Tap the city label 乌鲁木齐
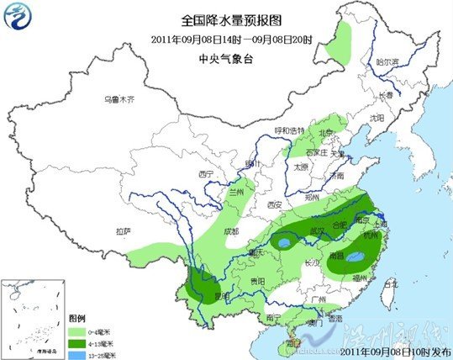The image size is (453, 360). click(118, 99)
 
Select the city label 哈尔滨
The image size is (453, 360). click(387, 61)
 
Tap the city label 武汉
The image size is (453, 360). click(319, 229)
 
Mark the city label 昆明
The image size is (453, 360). click(221, 296)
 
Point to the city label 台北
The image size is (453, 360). click(389, 284)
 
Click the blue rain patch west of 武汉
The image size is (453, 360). click(286, 244)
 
